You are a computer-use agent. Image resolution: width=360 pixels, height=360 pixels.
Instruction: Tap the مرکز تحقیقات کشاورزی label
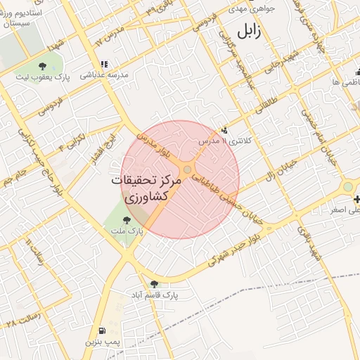click(x=146, y=188)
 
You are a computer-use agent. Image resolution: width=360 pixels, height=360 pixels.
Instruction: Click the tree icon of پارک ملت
click(x=127, y=221)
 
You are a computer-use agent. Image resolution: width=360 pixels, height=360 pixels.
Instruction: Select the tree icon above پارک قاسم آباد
click(x=155, y=283)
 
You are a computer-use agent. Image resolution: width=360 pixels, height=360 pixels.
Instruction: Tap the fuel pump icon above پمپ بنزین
click(x=103, y=330)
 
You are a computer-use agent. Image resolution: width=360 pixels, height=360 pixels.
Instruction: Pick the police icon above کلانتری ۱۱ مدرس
click(x=224, y=129)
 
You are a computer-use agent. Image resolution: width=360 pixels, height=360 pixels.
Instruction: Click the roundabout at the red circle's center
click(x=188, y=170)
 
